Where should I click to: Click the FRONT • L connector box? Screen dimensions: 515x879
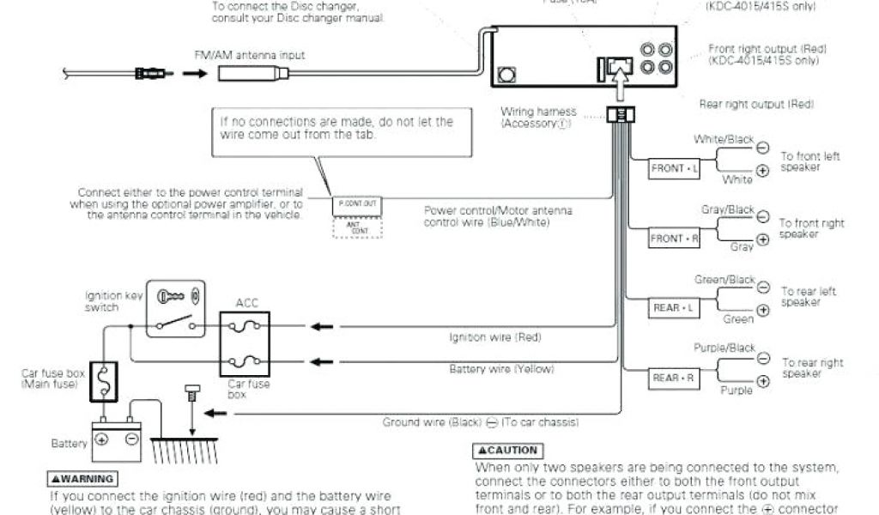point(674,169)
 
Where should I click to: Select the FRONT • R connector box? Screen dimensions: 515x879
point(674,239)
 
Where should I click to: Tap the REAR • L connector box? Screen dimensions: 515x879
point(674,307)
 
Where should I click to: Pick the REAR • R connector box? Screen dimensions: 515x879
point(674,378)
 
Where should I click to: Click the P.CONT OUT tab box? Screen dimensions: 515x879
point(357,205)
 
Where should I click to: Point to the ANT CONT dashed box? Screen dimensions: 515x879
point(357,227)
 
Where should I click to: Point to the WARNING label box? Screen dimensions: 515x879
point(82,479)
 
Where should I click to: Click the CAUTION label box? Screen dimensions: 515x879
point(507,451)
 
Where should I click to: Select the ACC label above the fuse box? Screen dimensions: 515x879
point(247,303)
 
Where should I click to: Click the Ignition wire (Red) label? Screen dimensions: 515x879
point(495,337)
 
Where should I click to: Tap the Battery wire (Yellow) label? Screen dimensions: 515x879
point(502,369)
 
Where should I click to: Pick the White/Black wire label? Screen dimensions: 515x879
point(724,139)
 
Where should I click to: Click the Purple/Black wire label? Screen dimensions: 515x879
point(724,348)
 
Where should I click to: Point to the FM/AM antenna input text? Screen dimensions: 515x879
point(249,56)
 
